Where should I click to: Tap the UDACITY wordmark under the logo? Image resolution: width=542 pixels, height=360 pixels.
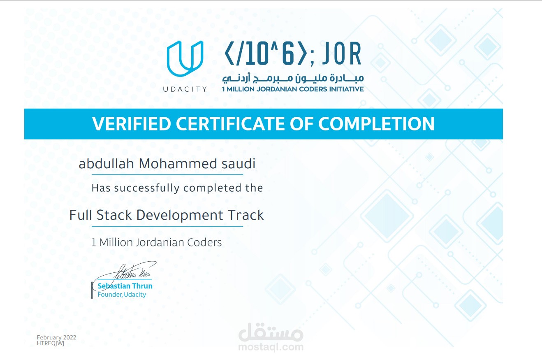pyautogui.click(x=185, y=89)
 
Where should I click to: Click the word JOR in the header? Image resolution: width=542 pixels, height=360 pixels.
pyautogui.click(x=342, y=54)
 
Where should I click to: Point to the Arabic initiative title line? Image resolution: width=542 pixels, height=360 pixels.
pyautogui.click(x=293, y=78)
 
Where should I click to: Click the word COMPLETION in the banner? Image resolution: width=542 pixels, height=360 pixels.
pyautogui.click(x=376, y=124)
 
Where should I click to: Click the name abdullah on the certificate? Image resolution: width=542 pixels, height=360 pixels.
pyautogui.click(x=106, y=163)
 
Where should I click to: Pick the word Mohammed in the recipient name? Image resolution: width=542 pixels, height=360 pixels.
pyautogui.click(x=178, y=163)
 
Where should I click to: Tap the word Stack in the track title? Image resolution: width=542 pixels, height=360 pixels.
pyautogui.click(x=114, y=215)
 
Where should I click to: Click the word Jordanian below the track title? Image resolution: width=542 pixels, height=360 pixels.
pyautogui.click(x=160, y=243)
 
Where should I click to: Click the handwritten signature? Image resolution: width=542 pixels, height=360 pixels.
pyautogui.click(x=126, y=273)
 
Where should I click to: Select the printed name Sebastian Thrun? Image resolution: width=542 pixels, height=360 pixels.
pyautogui.click(x=125, y=286)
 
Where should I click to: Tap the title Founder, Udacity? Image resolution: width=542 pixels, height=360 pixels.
pyautogui.click(x=122, y=295)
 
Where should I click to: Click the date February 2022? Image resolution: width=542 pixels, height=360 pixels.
pyautogui.click(x=56, y=337)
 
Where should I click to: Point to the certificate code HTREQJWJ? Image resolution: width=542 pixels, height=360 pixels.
pyautogui.click(x=51, y=343)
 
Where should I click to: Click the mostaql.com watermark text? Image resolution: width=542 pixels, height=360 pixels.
pyautogui.click(x=271, y=347)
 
